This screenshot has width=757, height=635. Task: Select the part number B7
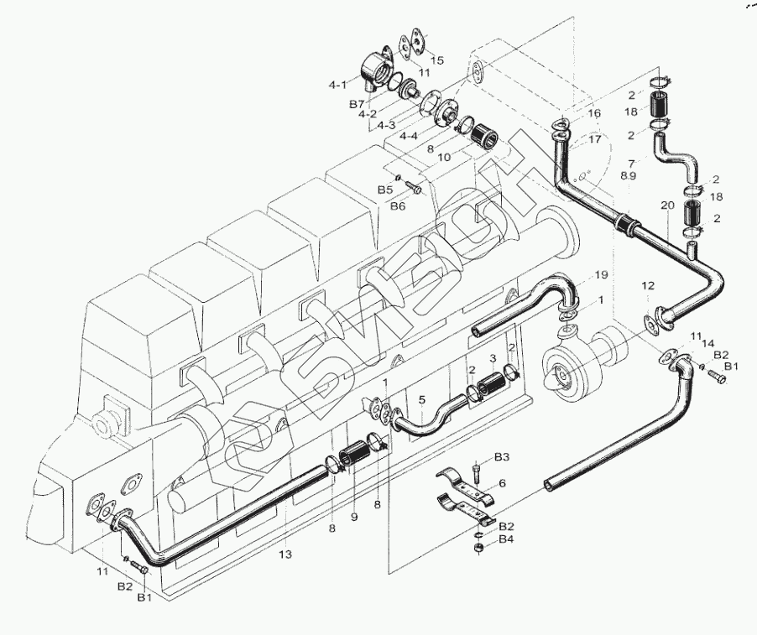(x=356, y=104)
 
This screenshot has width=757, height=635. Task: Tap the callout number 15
(x=437, y=60)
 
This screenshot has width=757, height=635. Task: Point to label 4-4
(x=410, y=136)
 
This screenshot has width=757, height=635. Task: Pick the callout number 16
(x=594, y=113)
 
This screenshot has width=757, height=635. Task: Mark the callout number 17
(x=594, y=139)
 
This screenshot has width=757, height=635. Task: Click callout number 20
(x=667, y=206)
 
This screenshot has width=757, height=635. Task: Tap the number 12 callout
(x=648, y=287)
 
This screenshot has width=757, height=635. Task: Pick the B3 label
(x=502, y=457)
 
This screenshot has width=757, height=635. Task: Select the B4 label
(x=506, y=539)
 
